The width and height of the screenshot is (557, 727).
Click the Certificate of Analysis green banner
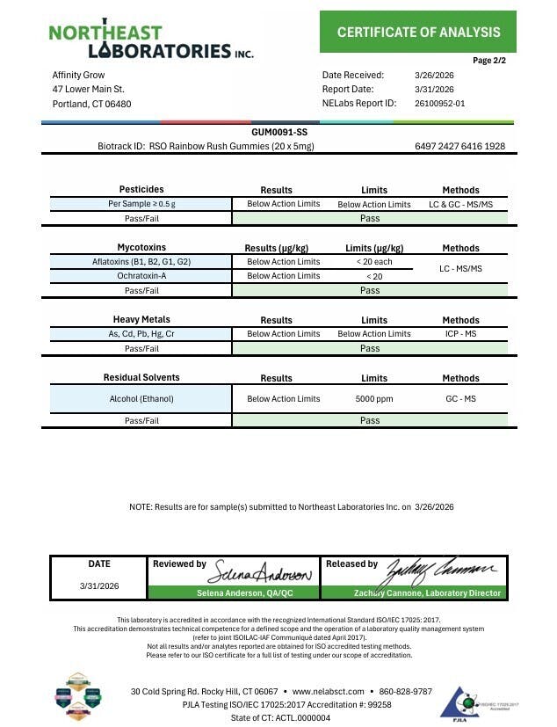[x=418, y=33]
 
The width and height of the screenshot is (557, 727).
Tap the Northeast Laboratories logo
[x=150, y=40]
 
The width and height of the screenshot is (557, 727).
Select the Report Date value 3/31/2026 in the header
[x=434, y=89]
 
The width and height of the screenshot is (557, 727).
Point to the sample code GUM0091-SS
[x=278, y=132]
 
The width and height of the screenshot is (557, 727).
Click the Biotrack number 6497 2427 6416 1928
[x=459, y=146]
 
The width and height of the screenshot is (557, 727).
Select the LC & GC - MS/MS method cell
[x=460, y=204]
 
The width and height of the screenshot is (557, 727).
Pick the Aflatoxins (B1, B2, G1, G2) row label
[x=141, y=262]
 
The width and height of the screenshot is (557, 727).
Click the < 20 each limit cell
[x=373, y=262]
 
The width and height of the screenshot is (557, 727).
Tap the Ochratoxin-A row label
[x=141, y=276]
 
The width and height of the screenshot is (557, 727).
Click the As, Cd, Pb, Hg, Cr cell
[x=141, y=334]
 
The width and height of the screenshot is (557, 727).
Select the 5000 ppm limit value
[x=373, y=399]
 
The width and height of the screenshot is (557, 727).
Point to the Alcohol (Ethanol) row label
[x=141, y=399]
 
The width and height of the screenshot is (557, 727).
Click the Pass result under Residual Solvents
[x=370, y=420]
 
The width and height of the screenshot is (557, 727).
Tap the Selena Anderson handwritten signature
[x=259, y=573]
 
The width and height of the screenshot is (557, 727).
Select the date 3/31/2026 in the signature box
[x=99, y=585]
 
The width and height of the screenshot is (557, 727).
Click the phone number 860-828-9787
[x=400, y=691]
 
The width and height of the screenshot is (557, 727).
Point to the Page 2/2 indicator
[x=488, y=61]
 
